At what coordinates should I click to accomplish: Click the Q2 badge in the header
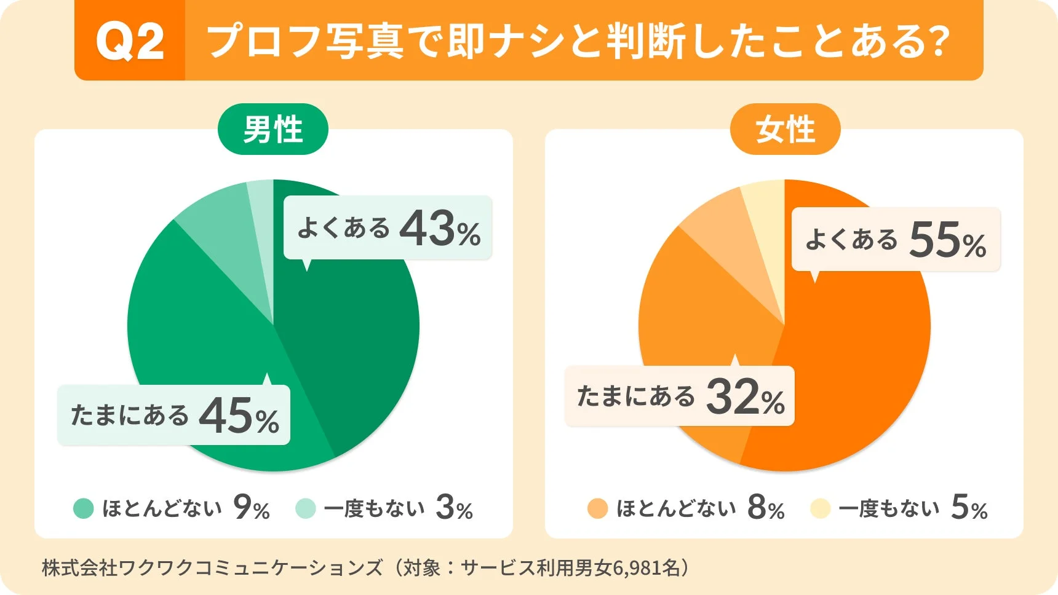pos(130,42)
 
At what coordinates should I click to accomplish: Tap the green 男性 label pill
pos(272,130)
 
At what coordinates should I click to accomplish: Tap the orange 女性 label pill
pos(785,130)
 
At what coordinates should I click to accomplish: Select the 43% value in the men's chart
pos(440,229)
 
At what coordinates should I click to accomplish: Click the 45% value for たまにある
pos(239,416)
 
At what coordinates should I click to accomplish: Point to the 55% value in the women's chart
pos(947,240)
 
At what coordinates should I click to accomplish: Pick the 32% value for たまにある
pos(745,397)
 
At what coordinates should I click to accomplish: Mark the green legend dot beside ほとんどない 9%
pos(83,509)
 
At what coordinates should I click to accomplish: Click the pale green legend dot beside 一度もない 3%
pos(305,509)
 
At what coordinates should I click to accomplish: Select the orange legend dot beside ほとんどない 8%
pos(597,509)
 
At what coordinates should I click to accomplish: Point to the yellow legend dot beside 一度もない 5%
pos(820,509)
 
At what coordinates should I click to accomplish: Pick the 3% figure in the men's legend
pos(454,508)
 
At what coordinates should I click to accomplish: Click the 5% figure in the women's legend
pos(969,508)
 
